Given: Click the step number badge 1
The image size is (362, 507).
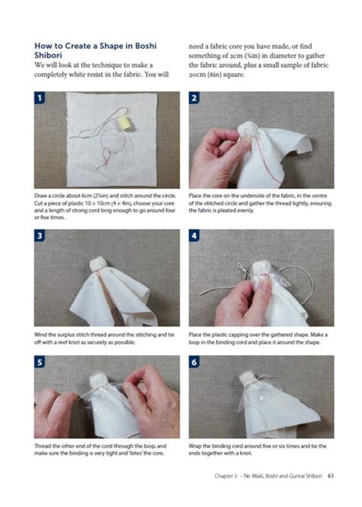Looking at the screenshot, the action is click(40, 98).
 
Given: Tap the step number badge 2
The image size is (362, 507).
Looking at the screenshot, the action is click(194, 98).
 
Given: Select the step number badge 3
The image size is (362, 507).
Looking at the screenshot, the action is click(40, 236).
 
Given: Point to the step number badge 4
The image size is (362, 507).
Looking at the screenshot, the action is click(194, 236).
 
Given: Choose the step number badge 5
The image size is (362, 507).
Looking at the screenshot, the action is click(40, 362).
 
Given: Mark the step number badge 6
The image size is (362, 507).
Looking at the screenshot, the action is click(194, 362).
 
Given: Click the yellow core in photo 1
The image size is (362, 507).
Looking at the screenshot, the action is click(123, 122).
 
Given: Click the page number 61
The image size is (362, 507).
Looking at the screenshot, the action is click(331, 476).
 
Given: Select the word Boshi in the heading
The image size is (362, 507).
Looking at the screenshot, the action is click(146, 46).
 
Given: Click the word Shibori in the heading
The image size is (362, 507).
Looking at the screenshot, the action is click(48, 55).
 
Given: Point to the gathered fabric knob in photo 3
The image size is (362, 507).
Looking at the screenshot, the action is click(99, 264).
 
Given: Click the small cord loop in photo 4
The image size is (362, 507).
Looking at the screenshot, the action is click(241, 267).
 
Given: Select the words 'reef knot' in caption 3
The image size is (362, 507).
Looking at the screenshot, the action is click(70, 342).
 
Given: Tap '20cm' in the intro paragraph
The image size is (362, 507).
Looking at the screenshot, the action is click(197, 74).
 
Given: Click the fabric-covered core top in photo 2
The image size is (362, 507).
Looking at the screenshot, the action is click(247, 128).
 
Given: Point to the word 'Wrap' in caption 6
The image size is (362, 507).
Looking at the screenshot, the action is click(195, 447).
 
